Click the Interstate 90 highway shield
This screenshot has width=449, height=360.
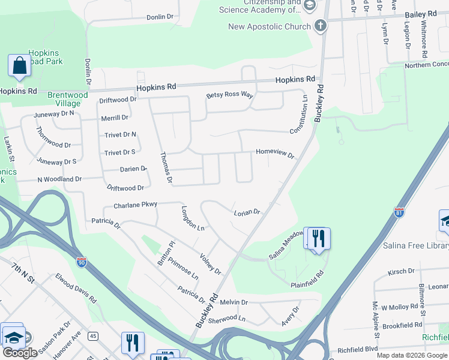(x=82, y=262)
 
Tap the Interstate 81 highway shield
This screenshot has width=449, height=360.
(x=400, y=212)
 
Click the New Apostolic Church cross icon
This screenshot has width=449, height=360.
(x=321, y=26)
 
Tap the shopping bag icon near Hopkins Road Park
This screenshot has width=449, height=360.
(x=19, y=65)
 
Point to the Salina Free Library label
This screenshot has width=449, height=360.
(x=416, y=246)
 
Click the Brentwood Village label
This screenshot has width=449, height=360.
(x=68, y=99)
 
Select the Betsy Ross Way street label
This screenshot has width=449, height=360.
(x=230, y=95)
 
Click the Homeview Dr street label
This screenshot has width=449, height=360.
(x=275, y=154)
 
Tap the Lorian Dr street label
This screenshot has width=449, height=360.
(x=247, y=212)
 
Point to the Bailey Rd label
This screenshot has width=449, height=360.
(x=422, y=14)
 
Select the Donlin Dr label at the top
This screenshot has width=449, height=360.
(x=160, y=17)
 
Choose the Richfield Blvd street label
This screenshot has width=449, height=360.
(x=357, y=349)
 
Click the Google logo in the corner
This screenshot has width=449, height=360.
(x=20, y=353)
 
